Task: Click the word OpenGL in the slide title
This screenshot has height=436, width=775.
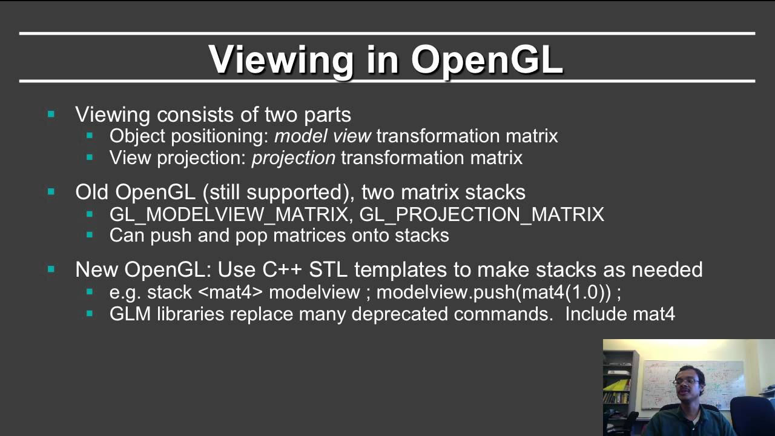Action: point(487,59)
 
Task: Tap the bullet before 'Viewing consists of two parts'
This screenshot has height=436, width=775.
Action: point(51,114)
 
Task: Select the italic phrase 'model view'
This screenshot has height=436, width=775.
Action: point(323,136)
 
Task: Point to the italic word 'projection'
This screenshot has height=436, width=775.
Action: point(294,158)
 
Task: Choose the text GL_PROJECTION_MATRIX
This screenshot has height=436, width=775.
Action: point(482,214)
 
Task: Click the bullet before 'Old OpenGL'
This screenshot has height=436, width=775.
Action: point(51,192)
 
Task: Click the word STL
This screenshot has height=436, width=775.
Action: point(329,269)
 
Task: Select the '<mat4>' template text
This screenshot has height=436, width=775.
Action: point(231,292)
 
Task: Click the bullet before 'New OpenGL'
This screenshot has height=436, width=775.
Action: point(51,269)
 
